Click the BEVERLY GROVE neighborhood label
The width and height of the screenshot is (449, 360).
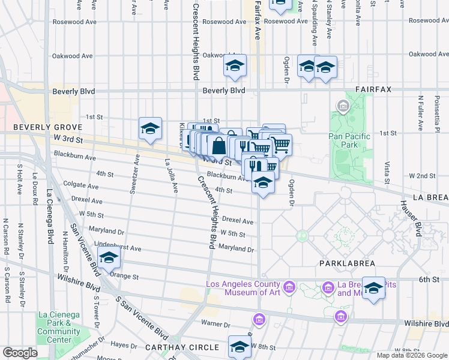(x=43, y=127)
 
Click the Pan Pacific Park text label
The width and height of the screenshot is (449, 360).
(x=350, y=140)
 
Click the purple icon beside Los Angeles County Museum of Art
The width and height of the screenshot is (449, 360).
(x=289, y=288)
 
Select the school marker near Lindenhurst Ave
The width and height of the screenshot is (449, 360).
(x=109, y=258)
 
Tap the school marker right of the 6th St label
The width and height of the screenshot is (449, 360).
(x=373, y=288)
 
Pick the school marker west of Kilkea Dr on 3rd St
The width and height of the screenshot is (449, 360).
(x=150, y=128)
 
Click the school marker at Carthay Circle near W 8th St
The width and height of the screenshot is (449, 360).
(x=240, y=347)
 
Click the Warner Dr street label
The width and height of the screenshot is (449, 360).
(x=211, y=323)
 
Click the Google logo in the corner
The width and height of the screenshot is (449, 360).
(x=20, y=353)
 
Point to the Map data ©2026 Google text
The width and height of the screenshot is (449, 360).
(x=411, y=355)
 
